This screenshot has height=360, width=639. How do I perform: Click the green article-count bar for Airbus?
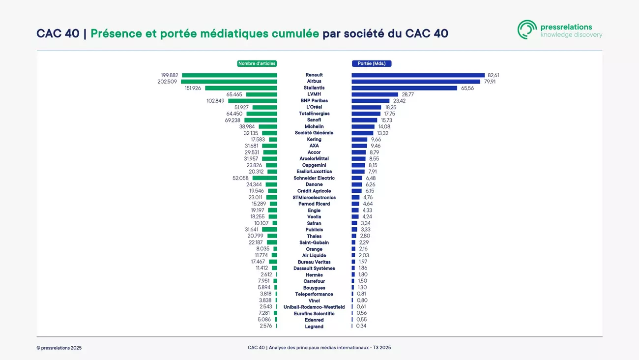click(x=229, y=82)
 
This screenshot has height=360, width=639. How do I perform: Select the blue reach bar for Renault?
click(x=418, y=75)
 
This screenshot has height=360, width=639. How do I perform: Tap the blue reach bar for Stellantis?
click(x=404, y=88)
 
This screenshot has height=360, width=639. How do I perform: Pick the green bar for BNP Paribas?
click(x=253, y=101)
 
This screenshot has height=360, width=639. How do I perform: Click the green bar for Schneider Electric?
click(x=265, y=178)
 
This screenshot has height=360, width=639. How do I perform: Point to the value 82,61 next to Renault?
click(x=493, y=75)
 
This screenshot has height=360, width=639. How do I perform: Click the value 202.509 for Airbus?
click(x=167, y=82)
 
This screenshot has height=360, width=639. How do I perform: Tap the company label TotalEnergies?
click(x=314, y=114)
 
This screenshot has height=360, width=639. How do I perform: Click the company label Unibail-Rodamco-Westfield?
click(x=314, y=307)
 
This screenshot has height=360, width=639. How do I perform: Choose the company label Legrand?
click(x=314, y=327)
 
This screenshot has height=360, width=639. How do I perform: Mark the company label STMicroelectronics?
click(x=314, y=197)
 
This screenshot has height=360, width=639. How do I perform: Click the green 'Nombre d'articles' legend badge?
click(x=257, y=63)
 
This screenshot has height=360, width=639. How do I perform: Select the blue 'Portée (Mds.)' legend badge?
click(x=372, y=63)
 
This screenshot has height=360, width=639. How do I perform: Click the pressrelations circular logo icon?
click(x=527, y=30)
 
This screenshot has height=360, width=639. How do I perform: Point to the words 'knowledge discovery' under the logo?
click(x=571, y=35)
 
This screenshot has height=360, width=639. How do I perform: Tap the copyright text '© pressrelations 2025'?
click(x=59, y=348)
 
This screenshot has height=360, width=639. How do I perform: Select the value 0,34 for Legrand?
click(x=361, y=326)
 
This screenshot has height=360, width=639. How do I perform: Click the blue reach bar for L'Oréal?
click(x=366, y=107)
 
